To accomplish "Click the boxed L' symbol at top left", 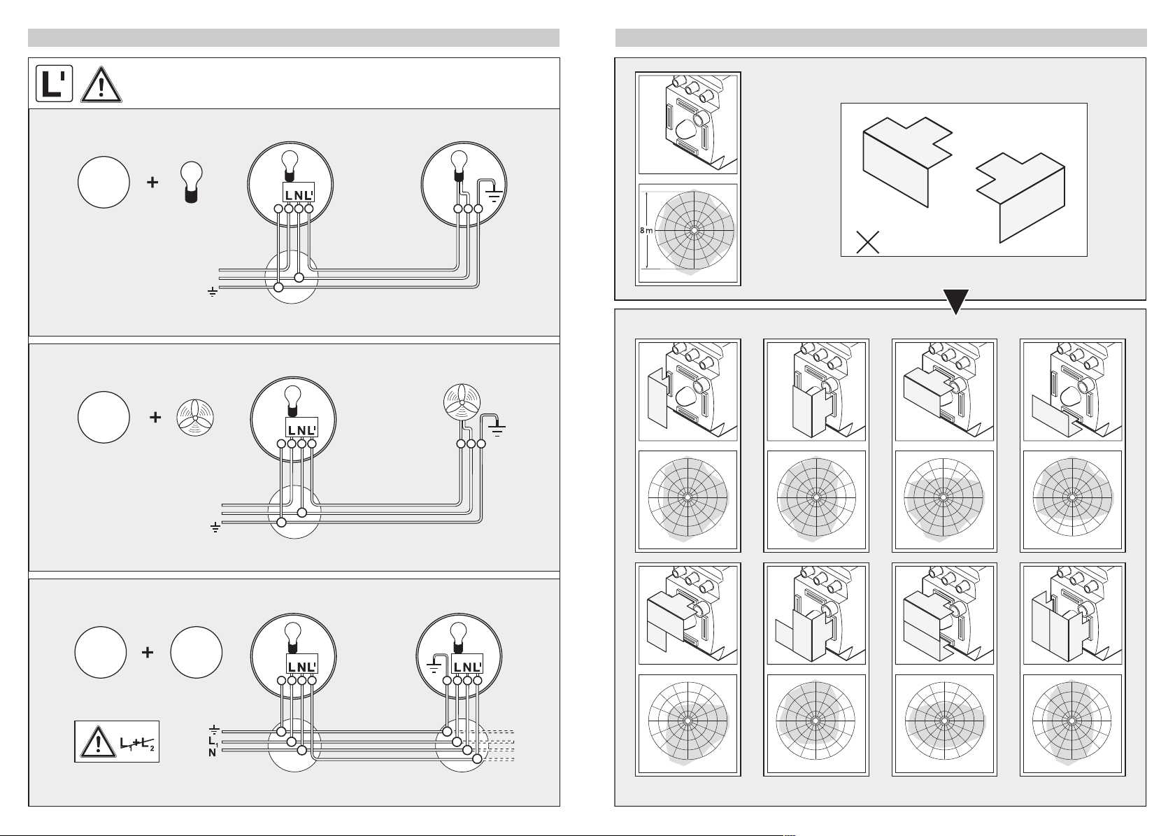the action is point(54,83).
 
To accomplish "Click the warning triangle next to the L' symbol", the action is point(101,85).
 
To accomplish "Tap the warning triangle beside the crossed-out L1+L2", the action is point(98,742).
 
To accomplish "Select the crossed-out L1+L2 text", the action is point(137,743).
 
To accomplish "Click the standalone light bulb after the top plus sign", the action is point(192,182).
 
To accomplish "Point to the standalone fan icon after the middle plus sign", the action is point(195,418).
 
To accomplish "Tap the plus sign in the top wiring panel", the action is point(152,182).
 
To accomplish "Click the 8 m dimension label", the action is point(646,230).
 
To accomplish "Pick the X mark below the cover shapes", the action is point(867,242).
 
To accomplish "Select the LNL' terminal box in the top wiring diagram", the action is point(299,192).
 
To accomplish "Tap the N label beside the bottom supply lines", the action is point(212,753).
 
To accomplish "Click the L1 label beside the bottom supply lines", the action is point(213,742).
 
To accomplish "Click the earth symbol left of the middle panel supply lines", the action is point(215,527).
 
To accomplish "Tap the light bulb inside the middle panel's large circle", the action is point(292,402).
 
